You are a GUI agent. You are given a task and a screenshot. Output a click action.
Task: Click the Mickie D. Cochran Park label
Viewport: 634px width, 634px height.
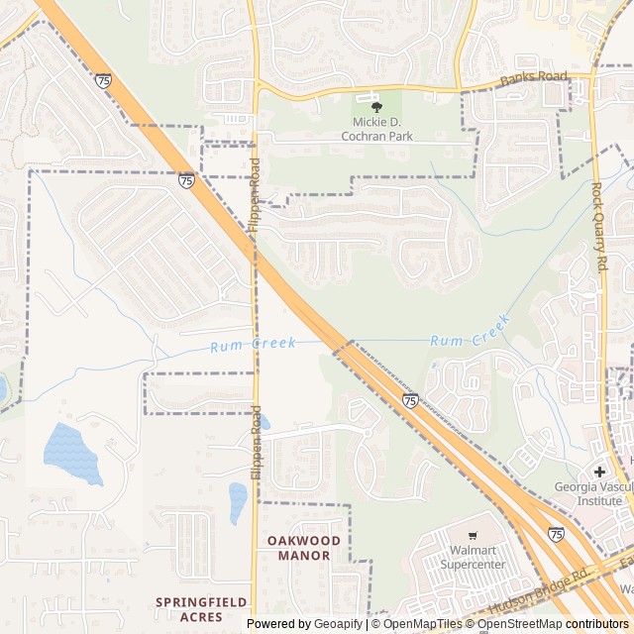point(375,129)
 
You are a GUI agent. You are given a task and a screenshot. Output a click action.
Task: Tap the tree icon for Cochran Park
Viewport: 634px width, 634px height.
point(375,107)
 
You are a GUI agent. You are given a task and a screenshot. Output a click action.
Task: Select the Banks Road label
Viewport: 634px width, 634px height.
point(534,78)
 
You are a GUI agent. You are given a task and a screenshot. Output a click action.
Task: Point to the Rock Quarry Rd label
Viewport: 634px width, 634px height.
point(598,227)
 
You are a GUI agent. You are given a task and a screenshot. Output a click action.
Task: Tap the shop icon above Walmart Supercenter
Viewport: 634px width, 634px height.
point(472,536)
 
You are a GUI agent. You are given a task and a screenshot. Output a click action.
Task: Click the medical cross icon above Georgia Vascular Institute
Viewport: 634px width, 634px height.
point(599,471)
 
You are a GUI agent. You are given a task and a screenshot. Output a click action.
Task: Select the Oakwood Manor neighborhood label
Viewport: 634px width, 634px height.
point(304,548)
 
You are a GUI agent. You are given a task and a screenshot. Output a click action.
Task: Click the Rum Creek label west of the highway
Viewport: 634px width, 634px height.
point(253,344)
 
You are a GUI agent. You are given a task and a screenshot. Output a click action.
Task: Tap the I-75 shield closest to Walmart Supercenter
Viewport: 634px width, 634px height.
point(556,533)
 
